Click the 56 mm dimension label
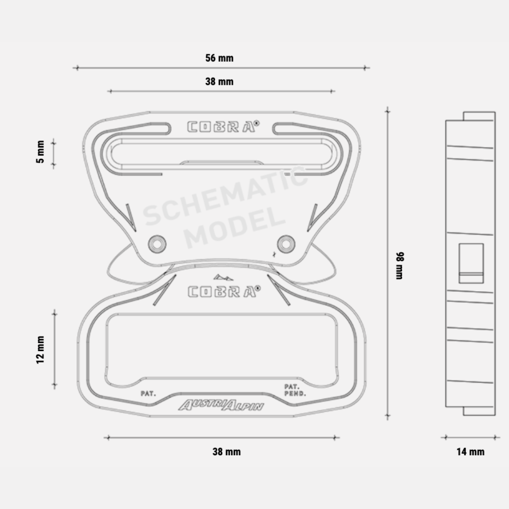[220, 58]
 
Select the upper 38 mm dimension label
[220, 82]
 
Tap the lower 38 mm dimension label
[227, 452]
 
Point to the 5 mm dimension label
[40, 152]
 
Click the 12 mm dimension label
[40, 350]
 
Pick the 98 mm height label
[400, 265]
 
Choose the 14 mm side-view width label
[470, 452]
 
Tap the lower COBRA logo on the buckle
[224, 291]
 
